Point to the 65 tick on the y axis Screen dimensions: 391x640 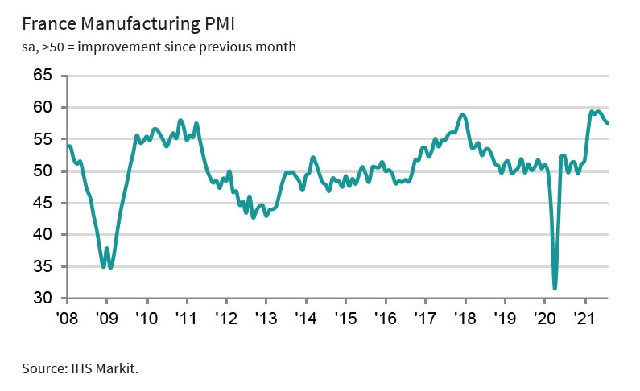tap(41, 76)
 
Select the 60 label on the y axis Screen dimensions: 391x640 tap(41, 107)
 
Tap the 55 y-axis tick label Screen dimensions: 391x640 tap(41, 139)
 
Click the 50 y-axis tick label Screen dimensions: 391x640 tap(41, 171)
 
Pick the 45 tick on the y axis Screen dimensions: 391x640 tap(41, 203)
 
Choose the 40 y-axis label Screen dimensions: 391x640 tap(41, 234)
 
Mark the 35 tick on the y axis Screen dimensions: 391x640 tap(41, 266)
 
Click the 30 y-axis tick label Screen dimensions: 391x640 tap(41, 298)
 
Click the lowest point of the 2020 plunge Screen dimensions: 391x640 tap(555, 288)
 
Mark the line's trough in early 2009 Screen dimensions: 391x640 tap(110, 267)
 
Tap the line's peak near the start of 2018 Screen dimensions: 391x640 tap(462, 115)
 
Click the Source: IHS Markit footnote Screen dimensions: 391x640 tap(81, 369)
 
